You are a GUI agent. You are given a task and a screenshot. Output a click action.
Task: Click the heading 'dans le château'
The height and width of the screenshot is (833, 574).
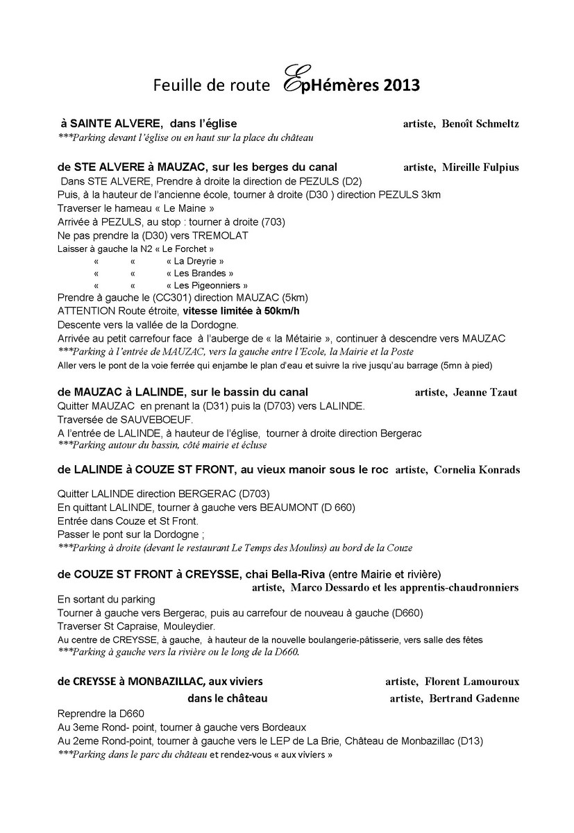click(228, 698)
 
